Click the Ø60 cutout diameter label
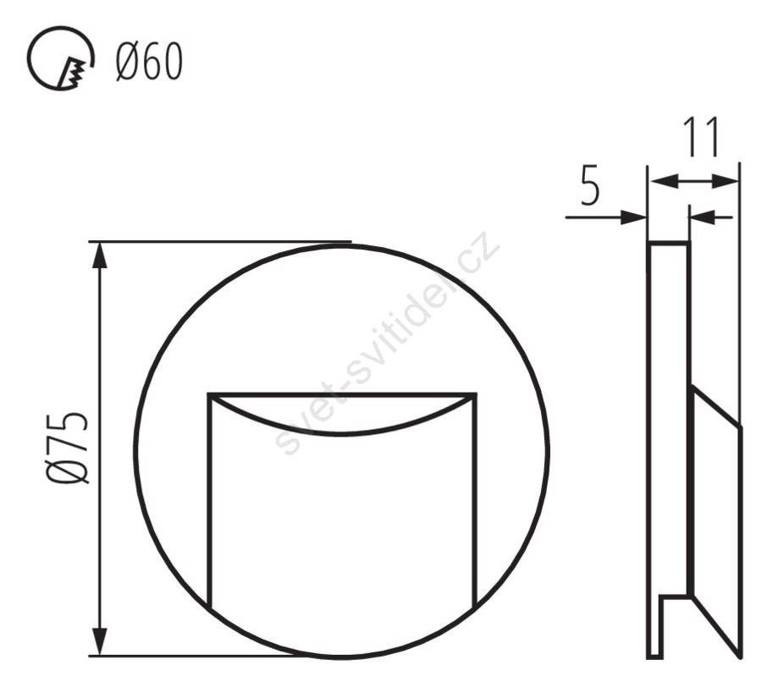pos(149,62)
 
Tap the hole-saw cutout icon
pos(60,58)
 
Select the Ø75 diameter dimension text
pos(68,448)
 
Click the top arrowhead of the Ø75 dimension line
pos(100,256)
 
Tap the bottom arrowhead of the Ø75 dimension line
pos(100,641)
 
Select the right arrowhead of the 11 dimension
pos(725,181)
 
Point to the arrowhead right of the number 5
pos(633,217)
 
